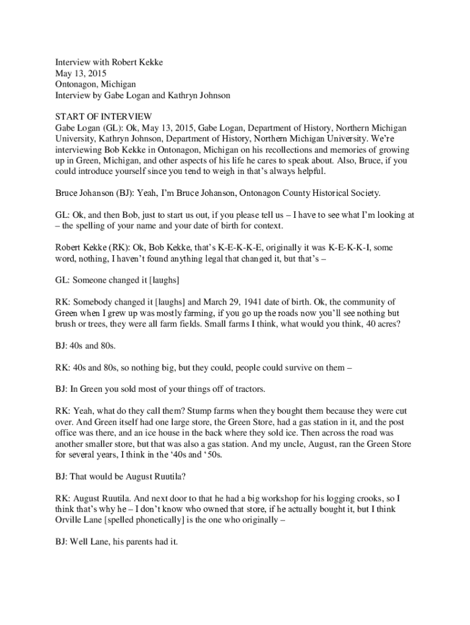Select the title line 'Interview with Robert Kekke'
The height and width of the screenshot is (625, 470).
pos(109,62)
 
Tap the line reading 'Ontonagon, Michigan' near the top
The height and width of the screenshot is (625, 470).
pos(95,84)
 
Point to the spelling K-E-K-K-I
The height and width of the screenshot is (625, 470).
pos(349,247)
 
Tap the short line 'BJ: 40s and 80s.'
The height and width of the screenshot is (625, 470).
pos(85,345)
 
